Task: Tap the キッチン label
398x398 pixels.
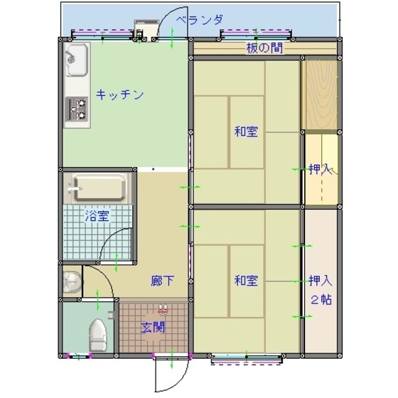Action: pyautogui.click(x=120, y=95)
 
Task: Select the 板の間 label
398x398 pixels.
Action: pyautogui.click(x=261, y=48)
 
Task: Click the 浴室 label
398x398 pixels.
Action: pyautogui.click(x=97, y=215)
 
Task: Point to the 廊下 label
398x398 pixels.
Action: pyautogui.click(x=162, y=281)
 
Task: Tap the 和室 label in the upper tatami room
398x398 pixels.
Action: pyautogui.click(x=246, y=131)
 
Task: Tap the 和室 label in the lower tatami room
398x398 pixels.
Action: pyautogui.click(x=246, y=281)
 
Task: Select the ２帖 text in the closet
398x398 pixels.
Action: pyautogui.click(x=320, y=299)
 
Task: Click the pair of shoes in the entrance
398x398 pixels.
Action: pyautogui.click(x=163, y=310)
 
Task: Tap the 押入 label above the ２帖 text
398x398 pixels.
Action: pyautogui.click(x=320, y=280)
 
